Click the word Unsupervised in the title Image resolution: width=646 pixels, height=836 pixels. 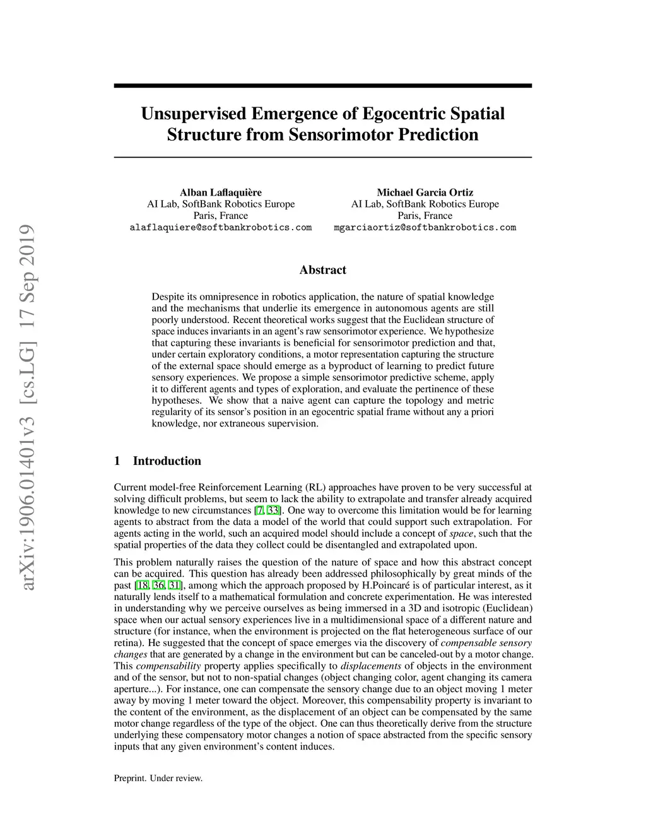coord(193,114)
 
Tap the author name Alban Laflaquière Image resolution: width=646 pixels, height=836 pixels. coord(221,192)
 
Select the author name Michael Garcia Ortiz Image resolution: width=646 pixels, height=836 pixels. coord(425,192)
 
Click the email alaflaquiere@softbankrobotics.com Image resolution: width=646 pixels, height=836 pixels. coord(221,227)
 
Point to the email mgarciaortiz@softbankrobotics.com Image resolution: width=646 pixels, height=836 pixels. coord(425,227)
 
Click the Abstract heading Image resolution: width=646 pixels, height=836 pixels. coord(322,270)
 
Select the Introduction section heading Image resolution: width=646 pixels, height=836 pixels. coord(167,461)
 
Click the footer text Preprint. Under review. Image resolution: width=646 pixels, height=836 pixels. coord(158,778)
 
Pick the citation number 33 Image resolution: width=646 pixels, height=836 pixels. coord(273,510)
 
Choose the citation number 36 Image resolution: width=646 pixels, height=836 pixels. coord(158,586)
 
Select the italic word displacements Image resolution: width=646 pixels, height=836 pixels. coord(371,666)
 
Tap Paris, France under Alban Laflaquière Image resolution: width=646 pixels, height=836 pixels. coord(221,216)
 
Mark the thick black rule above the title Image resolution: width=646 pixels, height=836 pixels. coord(322,85)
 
